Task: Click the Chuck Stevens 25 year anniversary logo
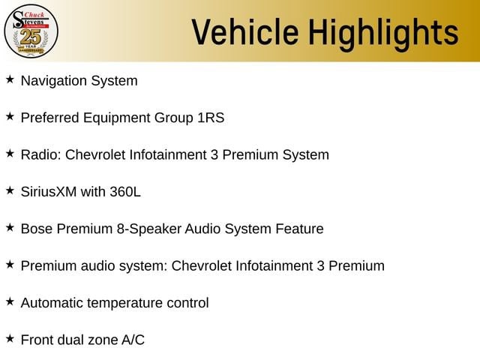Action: coord(31,31)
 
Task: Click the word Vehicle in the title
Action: coord(245,31)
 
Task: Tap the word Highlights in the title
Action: coord(383,34)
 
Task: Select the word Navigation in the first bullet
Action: coord(54,81)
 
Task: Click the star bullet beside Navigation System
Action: coord(10,79)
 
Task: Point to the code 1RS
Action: coord(211,118)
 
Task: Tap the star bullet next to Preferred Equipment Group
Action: coord(10,116)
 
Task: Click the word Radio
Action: coord(41,154)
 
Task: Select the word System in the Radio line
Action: coord(306,155)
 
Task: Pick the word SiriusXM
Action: coord(49,192)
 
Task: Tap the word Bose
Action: coord(37,229)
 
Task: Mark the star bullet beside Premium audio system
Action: coord(10,265)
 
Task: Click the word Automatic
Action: coord(52,303)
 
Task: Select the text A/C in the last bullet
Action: coord(133,340)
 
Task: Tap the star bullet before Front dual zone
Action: coord(10,338)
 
